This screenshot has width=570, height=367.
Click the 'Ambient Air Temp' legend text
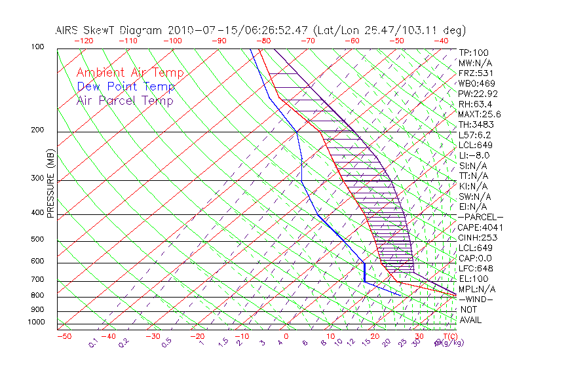(x=130, y=73)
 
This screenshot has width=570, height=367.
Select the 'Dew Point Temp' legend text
(x=126, y=87)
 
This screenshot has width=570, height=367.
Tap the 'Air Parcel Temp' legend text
(x=125, y=101)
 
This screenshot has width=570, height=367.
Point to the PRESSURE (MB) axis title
(x=51, y=183)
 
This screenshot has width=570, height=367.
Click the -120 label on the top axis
(x=83, y=40)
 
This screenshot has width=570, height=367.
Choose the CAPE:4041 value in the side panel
(x=480, y=227)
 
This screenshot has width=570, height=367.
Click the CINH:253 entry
(x=478, y=237)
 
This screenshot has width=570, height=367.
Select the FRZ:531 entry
(x=475, y=73)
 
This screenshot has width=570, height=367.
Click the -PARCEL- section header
(x=480, y=217)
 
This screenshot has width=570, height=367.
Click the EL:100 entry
(x=473, y=279)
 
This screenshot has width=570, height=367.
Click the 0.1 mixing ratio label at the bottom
(x=93, y=343)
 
